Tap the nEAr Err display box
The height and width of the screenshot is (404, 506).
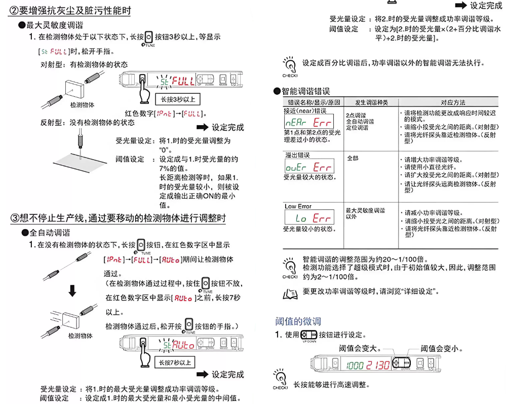click(x=308, y=122)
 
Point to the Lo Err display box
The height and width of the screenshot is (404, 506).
click(x=308, y=217)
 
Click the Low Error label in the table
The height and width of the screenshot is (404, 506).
click(x=298, y=206)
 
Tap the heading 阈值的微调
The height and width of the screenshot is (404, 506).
click(x=298, y=321)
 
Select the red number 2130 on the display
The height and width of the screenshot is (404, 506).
click(x=378, y=365)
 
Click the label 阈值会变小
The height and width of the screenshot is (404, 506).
click(x=441, y=349)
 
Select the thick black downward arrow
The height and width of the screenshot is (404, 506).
click(x=72, y=291)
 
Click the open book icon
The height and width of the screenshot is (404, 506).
click(x=287, y=292)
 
